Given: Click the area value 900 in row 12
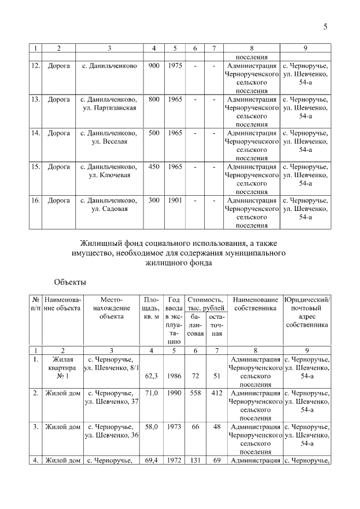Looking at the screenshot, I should [x=154, y=66].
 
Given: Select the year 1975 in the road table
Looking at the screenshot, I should [x=175, y=66].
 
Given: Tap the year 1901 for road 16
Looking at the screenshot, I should [x=175, y=200].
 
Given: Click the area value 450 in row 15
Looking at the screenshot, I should [x=154, y=166].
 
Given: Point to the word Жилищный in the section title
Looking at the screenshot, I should [x=100, y=243].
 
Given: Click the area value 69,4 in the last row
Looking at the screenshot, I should [x=151, y=461].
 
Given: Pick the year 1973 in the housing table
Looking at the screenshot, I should [x=174, y=426].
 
